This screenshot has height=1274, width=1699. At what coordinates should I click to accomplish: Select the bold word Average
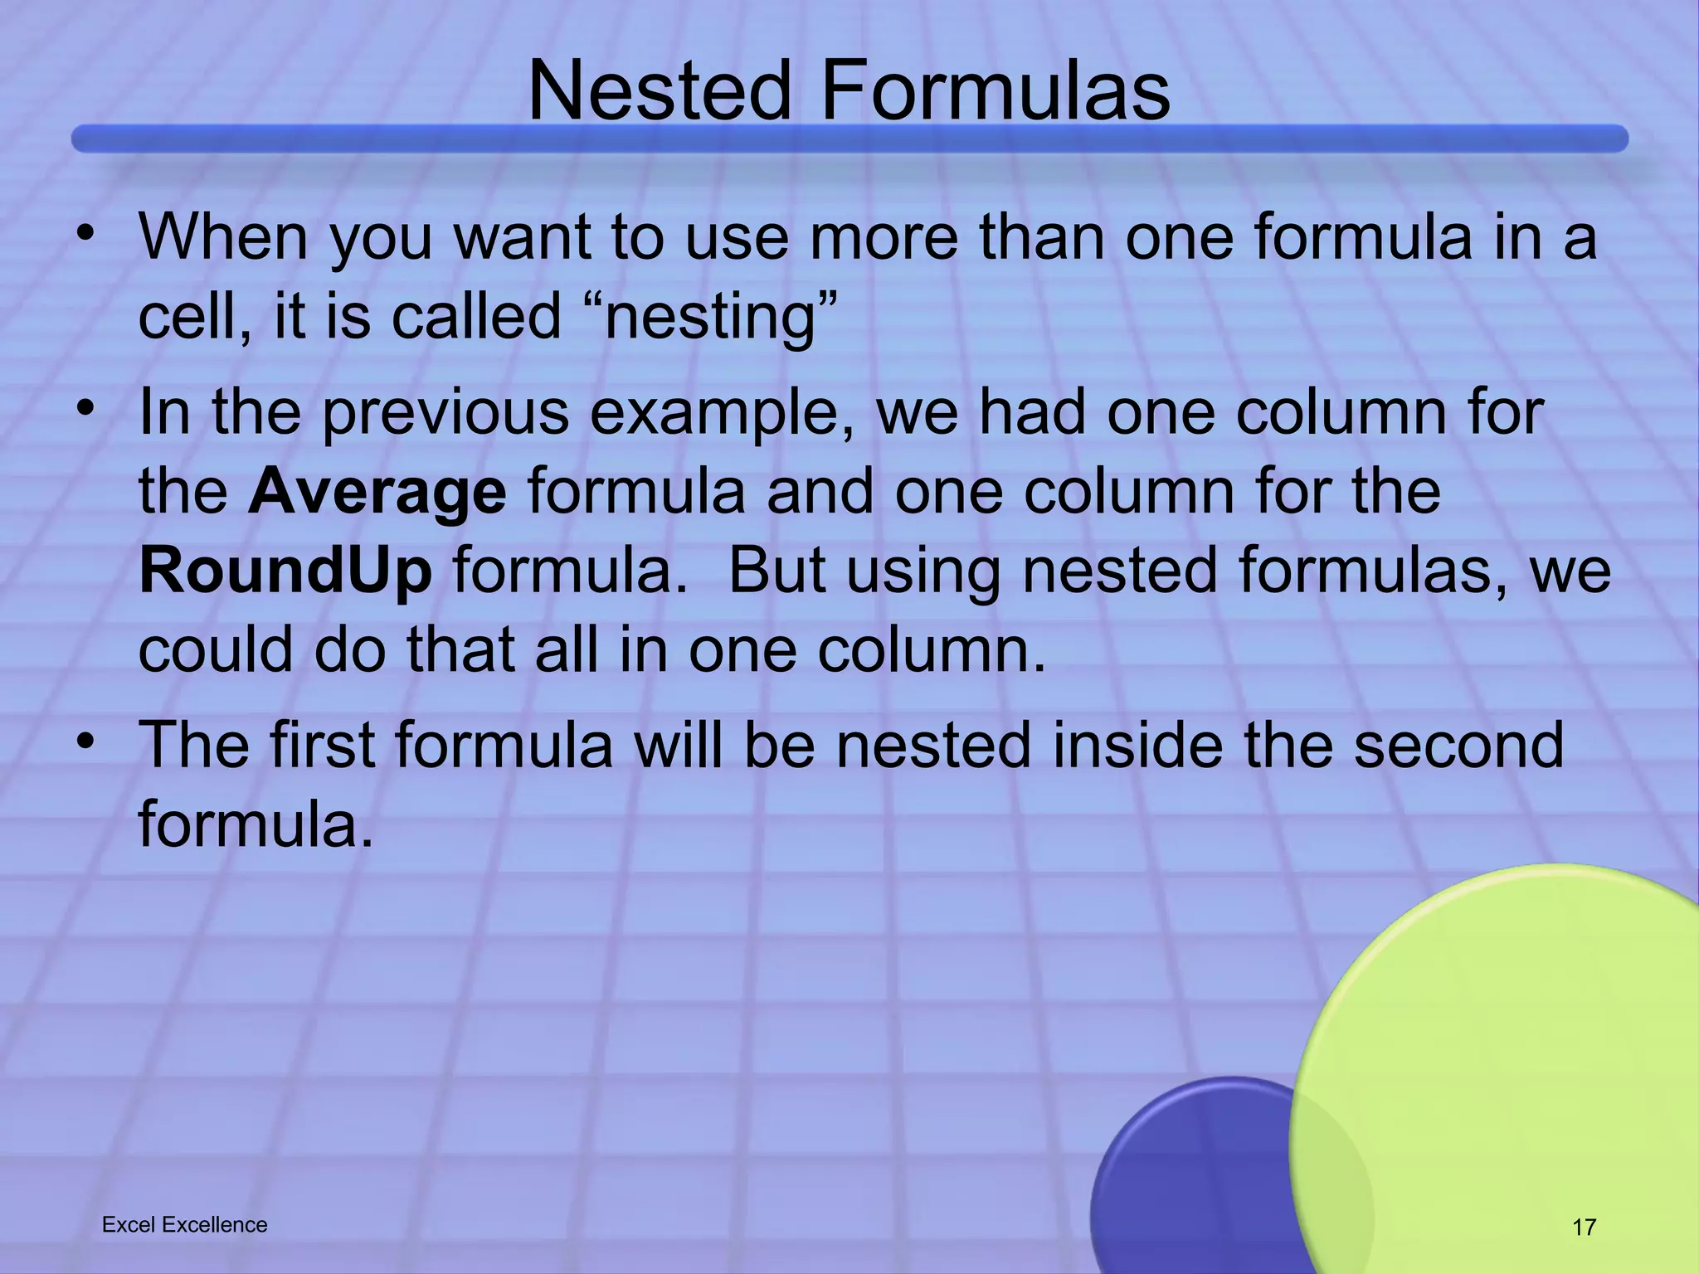[377, 491]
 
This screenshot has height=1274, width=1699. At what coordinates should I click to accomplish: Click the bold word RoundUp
[285, 571]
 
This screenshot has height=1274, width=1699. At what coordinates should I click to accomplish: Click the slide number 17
[1584, 1227]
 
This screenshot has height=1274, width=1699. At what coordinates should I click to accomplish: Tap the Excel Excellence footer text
[184, 1224]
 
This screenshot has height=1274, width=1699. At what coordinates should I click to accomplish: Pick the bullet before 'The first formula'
[83, 741]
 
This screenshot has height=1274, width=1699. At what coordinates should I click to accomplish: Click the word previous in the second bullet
[445, 413]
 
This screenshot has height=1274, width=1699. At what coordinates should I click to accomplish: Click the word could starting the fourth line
[214, 649]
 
